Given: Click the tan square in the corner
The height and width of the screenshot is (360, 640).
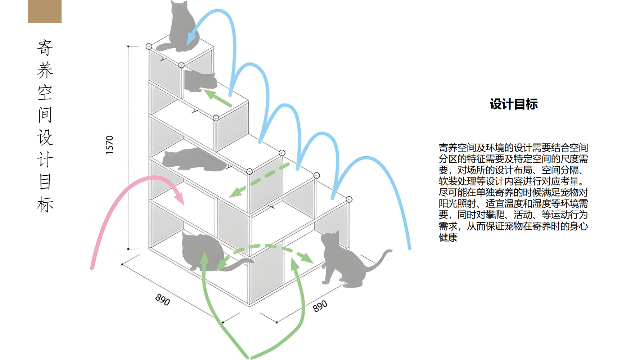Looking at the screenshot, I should [45, 11].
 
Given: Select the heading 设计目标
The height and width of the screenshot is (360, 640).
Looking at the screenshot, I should [514, 104].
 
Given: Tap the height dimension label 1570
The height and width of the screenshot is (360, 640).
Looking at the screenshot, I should [109, 145].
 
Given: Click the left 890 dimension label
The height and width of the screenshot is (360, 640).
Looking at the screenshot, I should [162, 299].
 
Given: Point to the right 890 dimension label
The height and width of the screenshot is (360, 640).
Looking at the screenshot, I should [320, 306].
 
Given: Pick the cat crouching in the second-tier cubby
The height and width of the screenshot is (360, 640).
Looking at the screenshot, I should [200, 81].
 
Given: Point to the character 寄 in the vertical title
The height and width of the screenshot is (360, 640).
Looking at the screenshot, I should [45, 48].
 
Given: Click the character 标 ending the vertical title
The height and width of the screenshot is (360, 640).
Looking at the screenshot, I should [45, 204].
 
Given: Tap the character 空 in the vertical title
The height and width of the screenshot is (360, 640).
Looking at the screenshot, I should [45, 93].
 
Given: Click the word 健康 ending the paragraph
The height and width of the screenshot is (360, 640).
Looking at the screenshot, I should [448, 238].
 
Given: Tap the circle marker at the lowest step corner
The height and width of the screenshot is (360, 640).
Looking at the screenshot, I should [349, 199].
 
